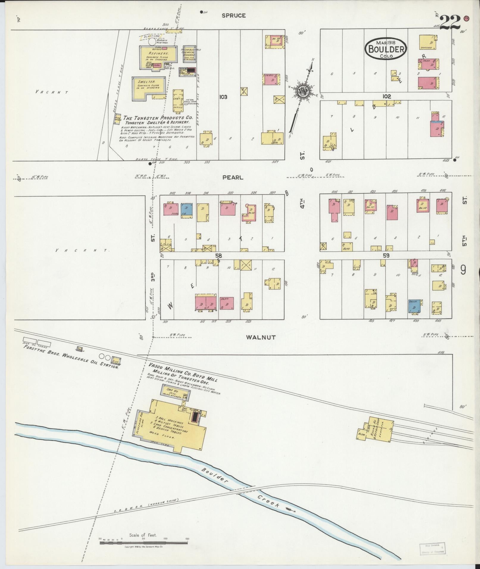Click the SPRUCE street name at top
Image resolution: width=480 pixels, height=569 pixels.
pyautogui.click(x=234, y=15)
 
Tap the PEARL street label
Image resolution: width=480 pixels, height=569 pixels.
pyautogui.click(x=233, y=177)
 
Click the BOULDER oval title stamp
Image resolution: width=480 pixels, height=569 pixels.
pyautogui.click(x=386, y=48)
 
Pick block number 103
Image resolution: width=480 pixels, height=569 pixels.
pyautogui.click(x=223, y=97)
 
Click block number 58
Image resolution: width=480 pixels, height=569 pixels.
pyautogui.click(x=219, y=255)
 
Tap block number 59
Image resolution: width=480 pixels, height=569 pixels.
pyautogui.click(x=386, y=255)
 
